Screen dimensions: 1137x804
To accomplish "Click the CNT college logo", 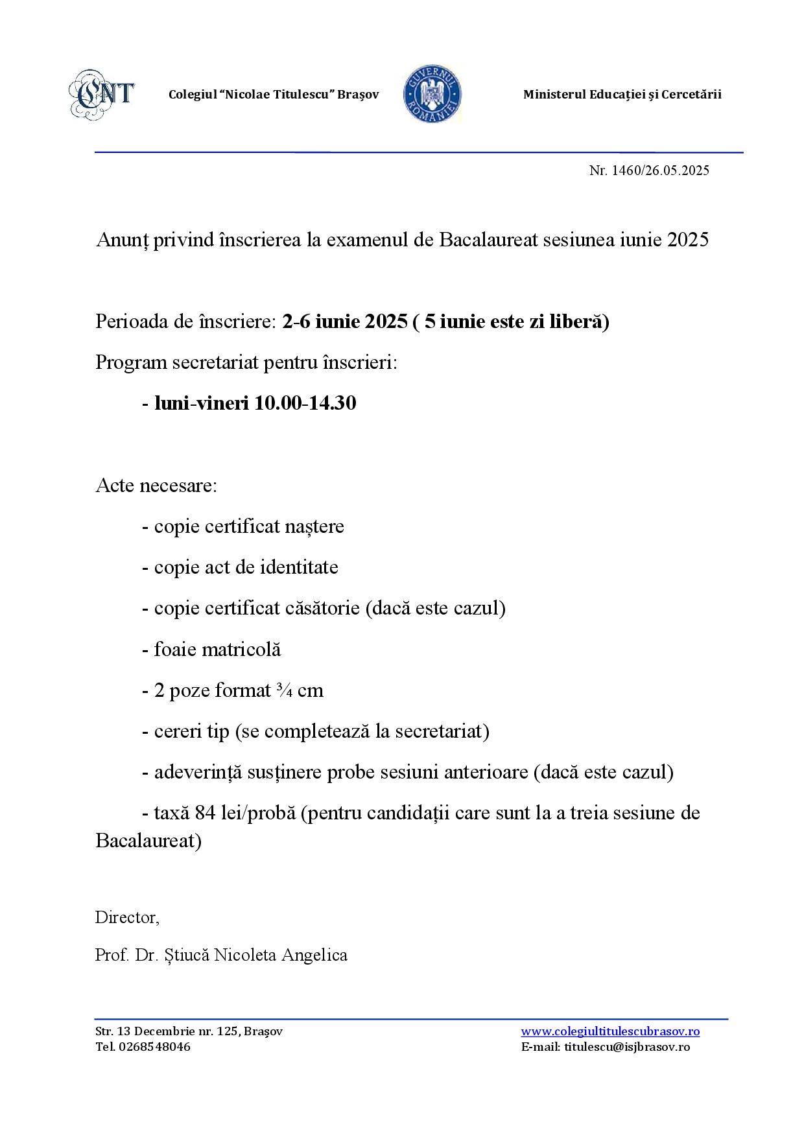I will click(x=102, y=94).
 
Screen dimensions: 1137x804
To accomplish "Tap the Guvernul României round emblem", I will click(x=432, y=94).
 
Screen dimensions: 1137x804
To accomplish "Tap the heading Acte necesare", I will click(x=156, y=486).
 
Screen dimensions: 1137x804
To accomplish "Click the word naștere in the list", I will click(x=314, y=526).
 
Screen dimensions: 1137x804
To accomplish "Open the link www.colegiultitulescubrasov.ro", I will click(x=610, y=1031).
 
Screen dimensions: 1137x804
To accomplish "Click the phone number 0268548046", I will click(x=155, y=1047).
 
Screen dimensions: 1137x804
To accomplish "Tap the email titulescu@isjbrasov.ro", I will click(x=627, y=1047).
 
